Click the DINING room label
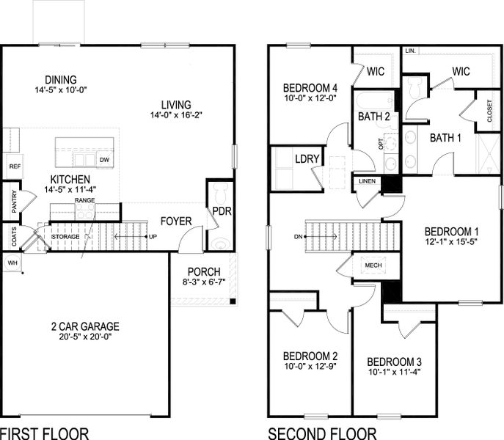click(60, 80)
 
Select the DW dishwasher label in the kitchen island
click(104, 159)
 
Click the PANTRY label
click(15, 202)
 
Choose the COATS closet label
click(15, 237)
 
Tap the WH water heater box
click(12, 262)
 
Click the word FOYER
click(175, 221)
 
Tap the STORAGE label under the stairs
click(65, 237)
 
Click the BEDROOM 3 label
click(394, 362)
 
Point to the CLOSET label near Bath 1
click(490, 111)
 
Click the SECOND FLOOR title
click(322, 433)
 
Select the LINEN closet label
click(366, 180)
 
